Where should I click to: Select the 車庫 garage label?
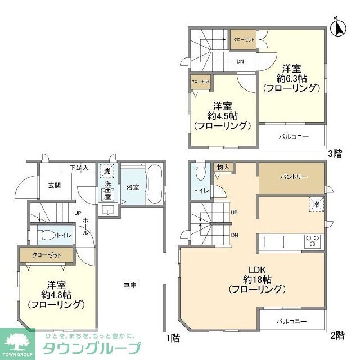(x=130, y=286)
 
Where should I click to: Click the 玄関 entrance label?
(x=55, y=185)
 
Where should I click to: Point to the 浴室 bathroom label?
(x=133, y=186)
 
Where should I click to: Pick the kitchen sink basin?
(x=276, y=242)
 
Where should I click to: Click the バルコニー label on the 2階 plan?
(x=291, y=322)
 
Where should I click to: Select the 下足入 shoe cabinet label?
(x=79, y=168)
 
